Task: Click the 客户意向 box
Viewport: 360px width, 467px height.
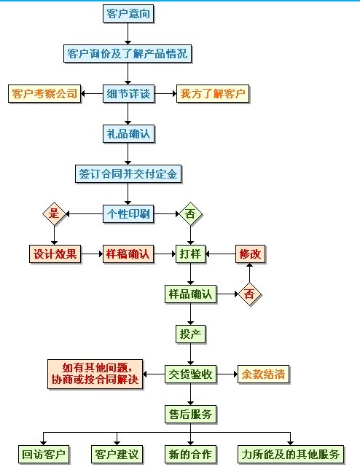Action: point(128,14)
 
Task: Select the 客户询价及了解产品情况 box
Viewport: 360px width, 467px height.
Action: point(128,54)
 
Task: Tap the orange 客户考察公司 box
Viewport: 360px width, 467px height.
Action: point(44,94)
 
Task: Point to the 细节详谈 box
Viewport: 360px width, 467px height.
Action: point(128,94)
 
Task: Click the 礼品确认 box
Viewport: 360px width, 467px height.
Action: point(128,134)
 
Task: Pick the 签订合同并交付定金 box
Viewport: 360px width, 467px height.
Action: point(128,174)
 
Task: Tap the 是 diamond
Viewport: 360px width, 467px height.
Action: point(53,214)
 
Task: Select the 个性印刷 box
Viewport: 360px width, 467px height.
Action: point(128,214)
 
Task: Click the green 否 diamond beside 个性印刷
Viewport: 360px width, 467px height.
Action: point(190,214)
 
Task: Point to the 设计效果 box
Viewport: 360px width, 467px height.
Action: point(55,254)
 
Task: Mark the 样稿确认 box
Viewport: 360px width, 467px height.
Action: point(128,254)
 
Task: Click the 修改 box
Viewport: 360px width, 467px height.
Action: point(251,254)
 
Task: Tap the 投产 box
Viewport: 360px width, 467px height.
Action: point(190,334)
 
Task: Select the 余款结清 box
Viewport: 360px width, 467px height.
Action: point(262,374)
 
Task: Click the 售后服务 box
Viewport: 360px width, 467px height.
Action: point(190,415)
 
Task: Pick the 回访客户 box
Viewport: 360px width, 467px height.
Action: point(44,455)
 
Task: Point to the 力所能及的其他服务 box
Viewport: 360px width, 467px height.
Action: point(290,455)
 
